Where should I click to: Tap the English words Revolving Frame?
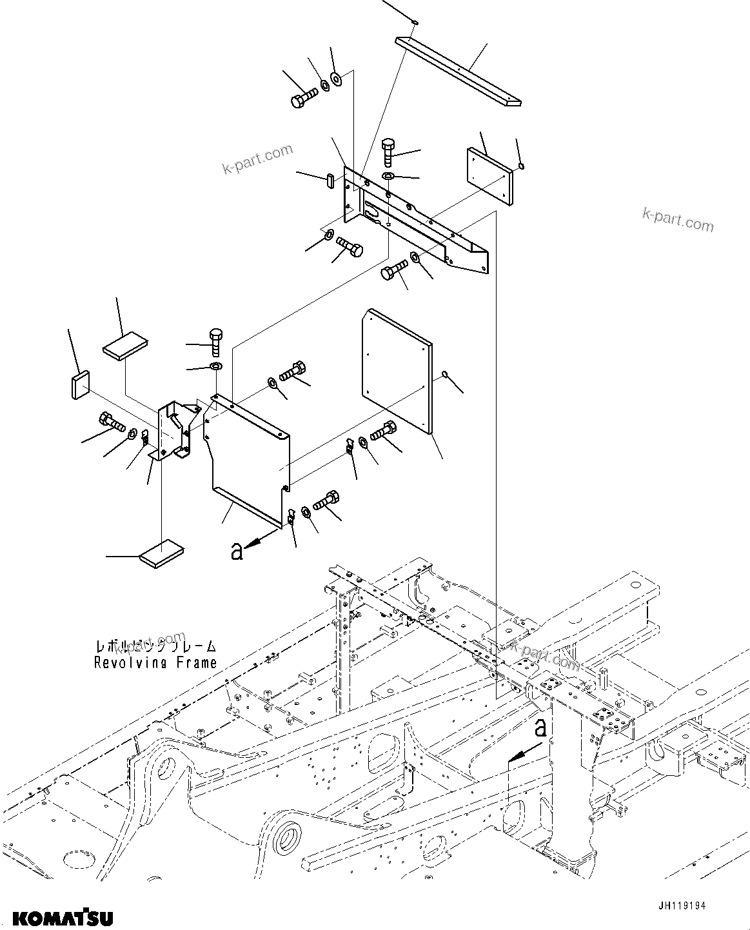pyautogui.click(x=155, y=662)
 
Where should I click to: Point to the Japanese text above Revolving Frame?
pyautogui.click(x=155, y=646)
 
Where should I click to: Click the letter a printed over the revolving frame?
pyautogui.click(x=541, y=727)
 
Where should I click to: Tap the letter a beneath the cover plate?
pyautogui.click(x=237, y=551)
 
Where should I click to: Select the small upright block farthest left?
pyautogui.click(x=79, y=384)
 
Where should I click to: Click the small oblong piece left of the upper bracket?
pyautogui.click(x=330, y=179)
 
